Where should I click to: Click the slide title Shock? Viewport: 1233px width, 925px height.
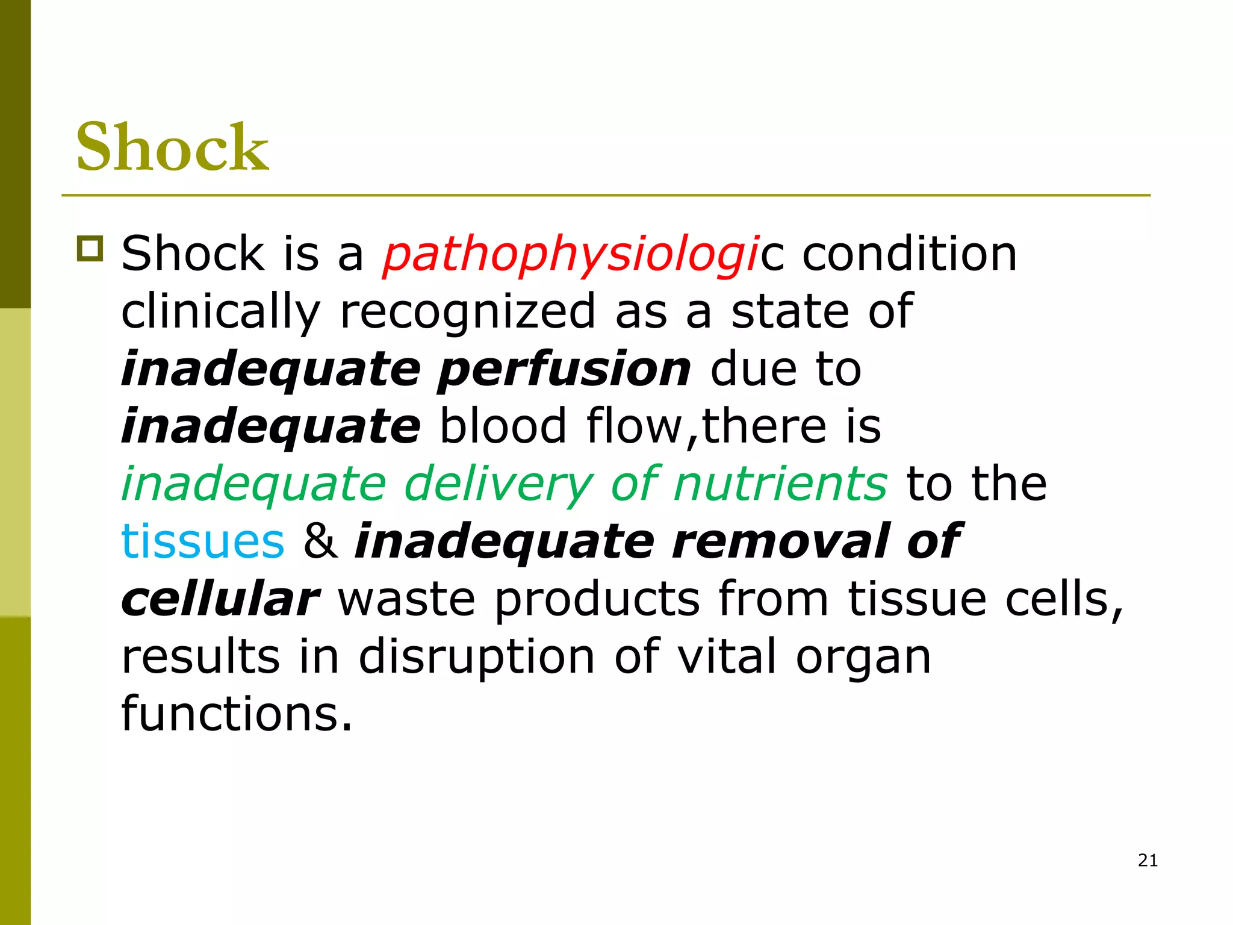[x=172, y=147]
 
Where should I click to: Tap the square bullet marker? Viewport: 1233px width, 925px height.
[x=90, y=248]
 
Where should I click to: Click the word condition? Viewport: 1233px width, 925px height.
[x=909, y=254]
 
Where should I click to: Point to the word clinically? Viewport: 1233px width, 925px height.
[x=221, y=311]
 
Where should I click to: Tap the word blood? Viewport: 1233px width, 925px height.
[x=504, y=426]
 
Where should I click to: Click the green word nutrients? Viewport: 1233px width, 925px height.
[x=780, y=484]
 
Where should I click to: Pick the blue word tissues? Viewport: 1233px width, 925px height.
[x=202, y=541]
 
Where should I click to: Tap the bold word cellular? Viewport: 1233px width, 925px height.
[x=220, y=599]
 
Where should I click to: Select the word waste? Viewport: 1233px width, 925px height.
[x=406, y=599]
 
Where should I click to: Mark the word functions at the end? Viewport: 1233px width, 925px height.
[x=236, y=714]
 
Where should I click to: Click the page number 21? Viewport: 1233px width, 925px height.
[x=1148, y=861]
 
